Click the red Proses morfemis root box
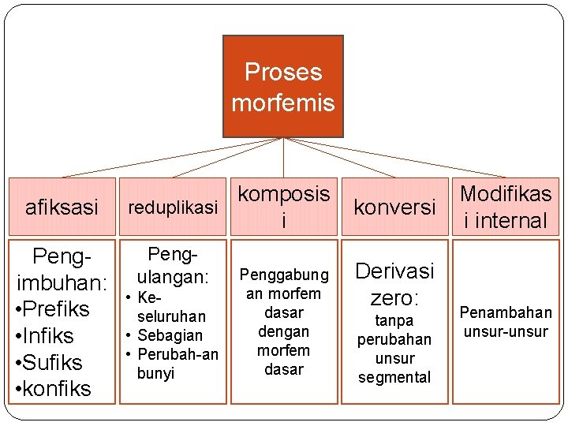tap(283, 86)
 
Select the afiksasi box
tap(62, 207)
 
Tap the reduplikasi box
tap(172, 207)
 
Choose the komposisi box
tap(284, 207)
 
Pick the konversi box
tap(394, 207)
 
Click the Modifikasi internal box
tap(506, 207)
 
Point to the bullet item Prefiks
tap(53, 308)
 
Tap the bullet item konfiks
tap(53, 388)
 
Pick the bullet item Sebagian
tap(171, 335)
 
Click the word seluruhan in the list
tap(171, 316)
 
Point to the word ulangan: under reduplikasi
tap(172, 278)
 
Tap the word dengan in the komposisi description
tap(284, 331)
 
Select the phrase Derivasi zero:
tap(394, 284)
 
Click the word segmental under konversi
tap(394, 377)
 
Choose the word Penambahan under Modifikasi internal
tap(506, 312)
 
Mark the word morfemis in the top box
tap(283, 103)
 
